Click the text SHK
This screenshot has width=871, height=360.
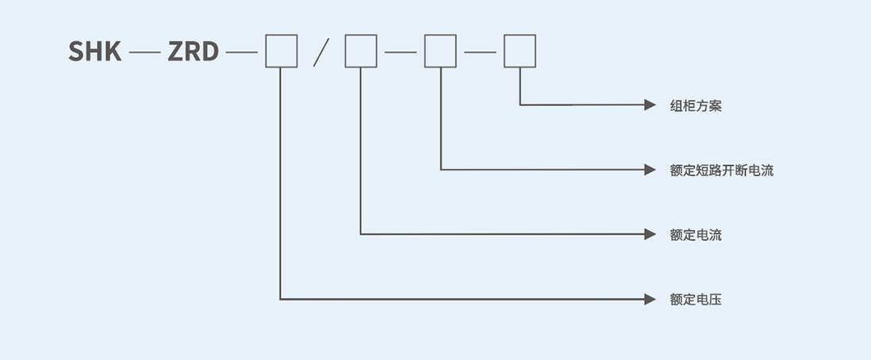94,51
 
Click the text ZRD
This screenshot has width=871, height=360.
193,51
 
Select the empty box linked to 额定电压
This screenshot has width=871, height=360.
281,51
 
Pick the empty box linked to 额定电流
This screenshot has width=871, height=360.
360,51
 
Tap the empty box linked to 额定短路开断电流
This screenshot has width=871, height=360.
440,51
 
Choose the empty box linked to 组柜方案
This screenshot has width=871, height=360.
520,51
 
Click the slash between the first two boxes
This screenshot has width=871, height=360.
321,52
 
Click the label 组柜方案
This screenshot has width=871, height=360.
696,105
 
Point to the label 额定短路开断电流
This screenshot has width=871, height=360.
722,170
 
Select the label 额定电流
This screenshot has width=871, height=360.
696,235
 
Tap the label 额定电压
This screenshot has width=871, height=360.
696,300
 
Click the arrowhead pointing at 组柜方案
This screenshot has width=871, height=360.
650,105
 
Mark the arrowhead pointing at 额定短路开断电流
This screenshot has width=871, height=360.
650,170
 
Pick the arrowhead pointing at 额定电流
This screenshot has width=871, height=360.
650,234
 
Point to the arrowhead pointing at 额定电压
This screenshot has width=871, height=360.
650,299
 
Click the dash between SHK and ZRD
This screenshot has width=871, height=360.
144,52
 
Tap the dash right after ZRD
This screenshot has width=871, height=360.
242,52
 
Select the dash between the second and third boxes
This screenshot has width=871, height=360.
401,52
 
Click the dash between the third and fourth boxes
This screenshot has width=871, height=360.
480,52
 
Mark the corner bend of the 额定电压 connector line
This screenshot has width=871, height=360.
280,299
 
